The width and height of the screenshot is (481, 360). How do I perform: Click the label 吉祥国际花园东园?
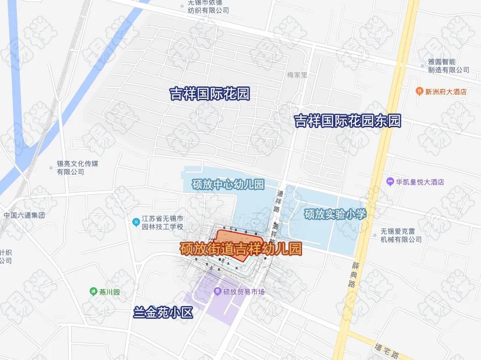[x=347, y=121]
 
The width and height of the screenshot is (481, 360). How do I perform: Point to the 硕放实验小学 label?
[x=335, y=214]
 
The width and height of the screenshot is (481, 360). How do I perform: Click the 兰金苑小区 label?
[x=163, y=312]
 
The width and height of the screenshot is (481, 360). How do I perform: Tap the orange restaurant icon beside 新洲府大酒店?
[x=418, y=91]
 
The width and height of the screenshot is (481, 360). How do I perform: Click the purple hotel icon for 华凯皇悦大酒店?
[x=390, y=182]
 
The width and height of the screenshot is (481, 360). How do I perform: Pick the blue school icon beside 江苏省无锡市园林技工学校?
[x=135, y=222]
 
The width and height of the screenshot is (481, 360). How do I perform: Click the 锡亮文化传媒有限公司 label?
[x=77, y=167]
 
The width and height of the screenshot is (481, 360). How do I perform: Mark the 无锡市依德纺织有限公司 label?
[x=208, y=7]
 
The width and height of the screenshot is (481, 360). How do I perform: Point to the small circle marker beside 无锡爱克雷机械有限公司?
[x=375, y=236]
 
